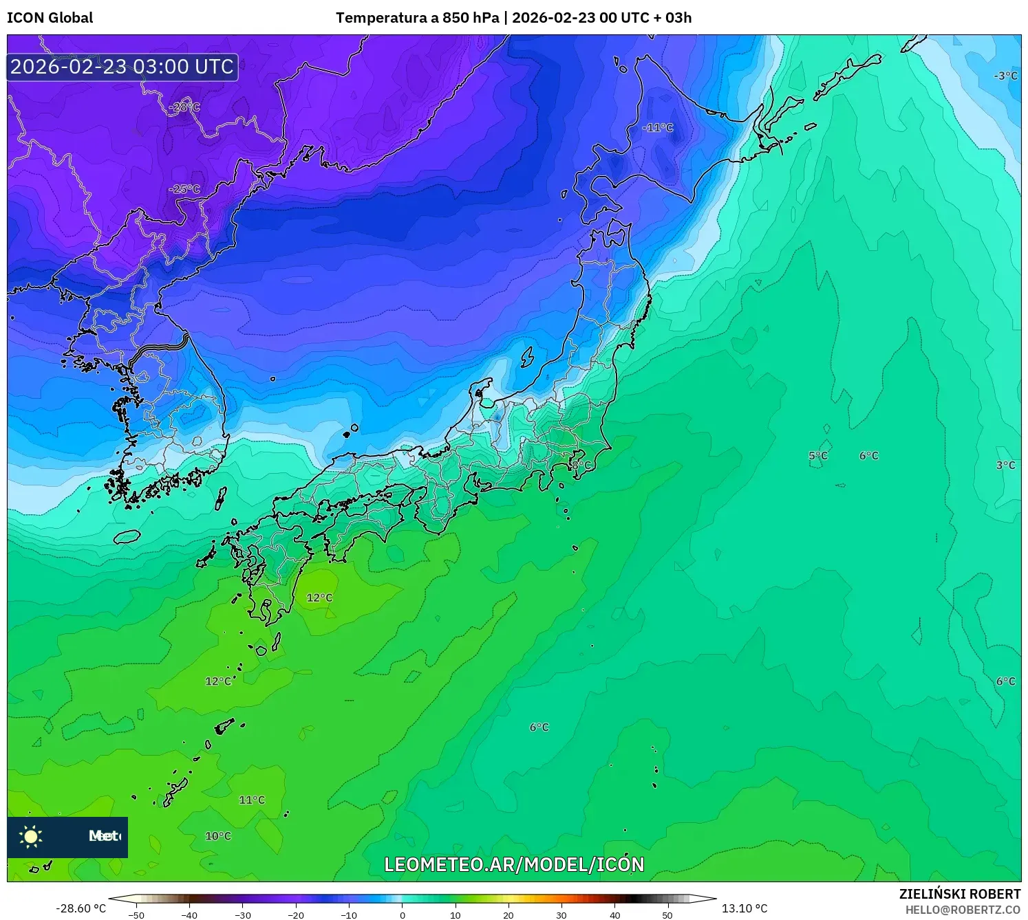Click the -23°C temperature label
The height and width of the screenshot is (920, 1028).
coord(184,107)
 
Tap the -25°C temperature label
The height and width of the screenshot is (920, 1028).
coord(184,189)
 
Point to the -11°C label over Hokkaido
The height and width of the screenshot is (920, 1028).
coord(658,128)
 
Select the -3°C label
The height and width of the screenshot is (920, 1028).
coord(1005,76)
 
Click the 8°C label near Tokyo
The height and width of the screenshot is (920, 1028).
coord(581,466)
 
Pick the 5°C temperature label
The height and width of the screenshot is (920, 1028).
coord(818,456)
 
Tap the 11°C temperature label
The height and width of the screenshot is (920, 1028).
coord(252,800)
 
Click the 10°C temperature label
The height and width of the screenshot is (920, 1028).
coord(218,836)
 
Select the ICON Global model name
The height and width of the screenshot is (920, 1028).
coord(50,18)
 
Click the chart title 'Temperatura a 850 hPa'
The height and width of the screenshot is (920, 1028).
coord(417,18)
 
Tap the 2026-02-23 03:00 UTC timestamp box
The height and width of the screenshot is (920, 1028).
coord(122,67)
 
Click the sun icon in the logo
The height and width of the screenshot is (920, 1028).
coord(31,836)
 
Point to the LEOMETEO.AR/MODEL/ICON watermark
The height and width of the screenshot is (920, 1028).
coord(514,864)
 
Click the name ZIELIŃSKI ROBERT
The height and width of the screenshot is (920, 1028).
coord(960,894)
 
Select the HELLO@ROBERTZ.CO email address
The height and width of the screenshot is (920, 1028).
coord(963,910)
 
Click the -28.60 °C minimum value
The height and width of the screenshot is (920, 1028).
coord(81,908)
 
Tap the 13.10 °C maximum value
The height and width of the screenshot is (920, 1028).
coord(745,908)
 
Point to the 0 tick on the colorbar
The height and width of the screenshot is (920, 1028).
coord(403,915)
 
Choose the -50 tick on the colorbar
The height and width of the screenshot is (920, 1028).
coord(136,915)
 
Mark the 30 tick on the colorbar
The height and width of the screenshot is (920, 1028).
coord(561,915)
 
